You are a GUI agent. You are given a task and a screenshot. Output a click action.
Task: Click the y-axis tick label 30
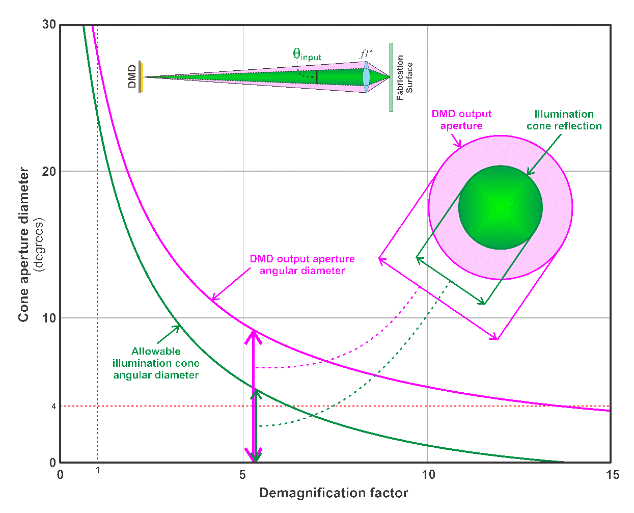(x=49, y=25)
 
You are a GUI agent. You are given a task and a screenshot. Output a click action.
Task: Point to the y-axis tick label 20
(x=49, y=171)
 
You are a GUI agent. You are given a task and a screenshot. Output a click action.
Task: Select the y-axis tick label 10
(x=49, y=318)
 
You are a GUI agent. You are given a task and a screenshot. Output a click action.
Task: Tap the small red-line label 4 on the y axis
(x=53, y=406)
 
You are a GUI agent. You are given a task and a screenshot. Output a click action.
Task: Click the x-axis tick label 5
(x=243, y=475)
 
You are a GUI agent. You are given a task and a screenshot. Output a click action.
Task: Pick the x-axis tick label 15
(x=613, y=475)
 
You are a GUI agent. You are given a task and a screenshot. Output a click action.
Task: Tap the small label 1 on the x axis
(x=98, y=469)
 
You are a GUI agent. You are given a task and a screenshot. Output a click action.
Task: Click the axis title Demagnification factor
(x=334, y=493)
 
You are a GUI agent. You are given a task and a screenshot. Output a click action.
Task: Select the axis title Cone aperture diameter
(x=23, y=245)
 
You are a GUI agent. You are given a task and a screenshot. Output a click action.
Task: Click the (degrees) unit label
(x=40, y=245)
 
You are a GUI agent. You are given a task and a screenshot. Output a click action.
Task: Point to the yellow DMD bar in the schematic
(x=142, y=77)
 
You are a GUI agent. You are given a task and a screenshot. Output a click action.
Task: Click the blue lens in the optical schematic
(x=366, y=77)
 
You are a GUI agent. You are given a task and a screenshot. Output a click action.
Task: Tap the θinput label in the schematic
(x=307, y=55)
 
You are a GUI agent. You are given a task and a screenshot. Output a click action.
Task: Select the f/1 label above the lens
(x=367, y=53)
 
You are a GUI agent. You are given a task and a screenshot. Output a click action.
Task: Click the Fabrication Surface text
(x=404, y=77)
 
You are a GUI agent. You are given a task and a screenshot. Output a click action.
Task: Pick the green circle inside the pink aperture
(x=500, y=207)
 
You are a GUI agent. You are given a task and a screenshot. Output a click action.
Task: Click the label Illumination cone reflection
(x=564, y=120)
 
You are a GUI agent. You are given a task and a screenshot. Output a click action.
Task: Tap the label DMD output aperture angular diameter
(x=302, y=264)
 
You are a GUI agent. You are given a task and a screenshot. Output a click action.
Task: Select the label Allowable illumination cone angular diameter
(x=156, y=363)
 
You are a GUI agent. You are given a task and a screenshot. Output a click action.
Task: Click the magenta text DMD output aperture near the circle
(x=461, y=120)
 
